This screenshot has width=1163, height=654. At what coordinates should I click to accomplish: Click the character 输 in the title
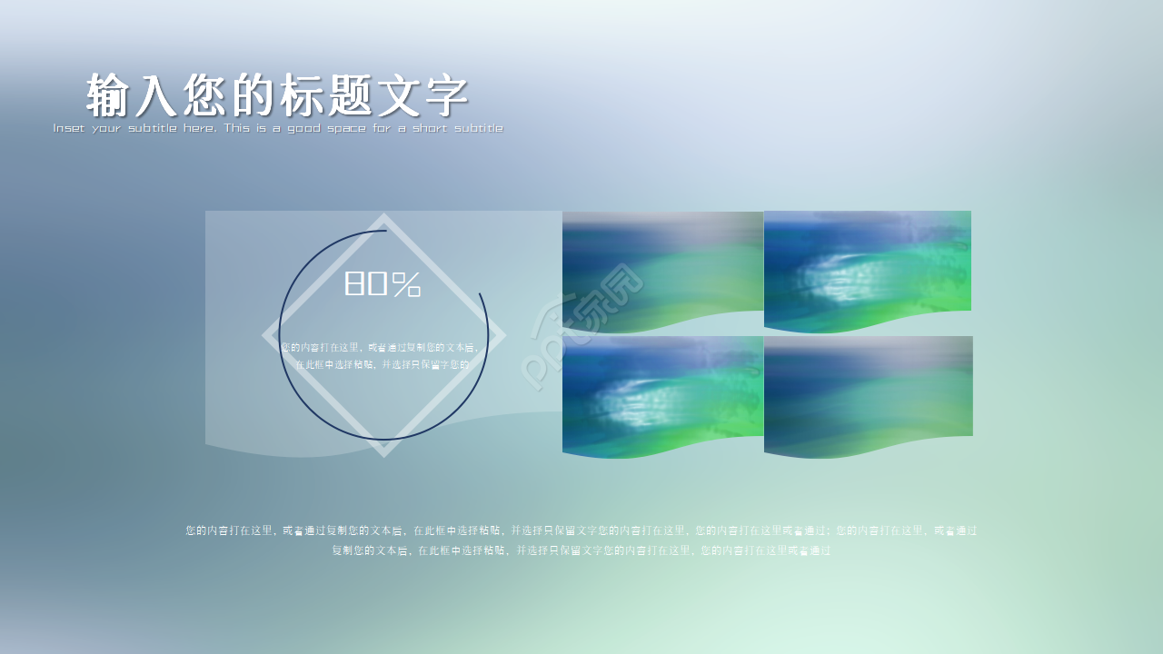[x=109, y=95]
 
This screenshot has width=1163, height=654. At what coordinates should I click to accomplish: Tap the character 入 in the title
[x=156, y=95]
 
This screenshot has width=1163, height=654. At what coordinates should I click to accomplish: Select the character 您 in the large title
[x=204, y=95]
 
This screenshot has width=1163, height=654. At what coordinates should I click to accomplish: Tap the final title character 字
[x=446, y=95]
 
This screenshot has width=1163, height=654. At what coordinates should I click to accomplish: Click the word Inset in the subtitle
[x=68, y=128]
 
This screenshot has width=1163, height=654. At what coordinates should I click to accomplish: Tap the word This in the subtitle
[x=238, y=128]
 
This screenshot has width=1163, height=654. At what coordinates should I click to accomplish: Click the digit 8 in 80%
[x=354, y=284]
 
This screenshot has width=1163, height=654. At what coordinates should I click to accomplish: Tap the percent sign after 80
[x=407, y=284]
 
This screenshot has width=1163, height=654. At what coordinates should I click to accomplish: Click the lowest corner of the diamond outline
[x=383, y=454]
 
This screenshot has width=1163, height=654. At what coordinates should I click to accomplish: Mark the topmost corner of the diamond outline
[x=383, y=216]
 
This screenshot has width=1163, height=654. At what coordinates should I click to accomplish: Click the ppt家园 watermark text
[x=581, y=327]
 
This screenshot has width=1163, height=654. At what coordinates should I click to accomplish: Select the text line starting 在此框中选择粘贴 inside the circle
[x=383, y=364]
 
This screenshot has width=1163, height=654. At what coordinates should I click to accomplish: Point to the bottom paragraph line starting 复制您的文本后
[x=581, y=550]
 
